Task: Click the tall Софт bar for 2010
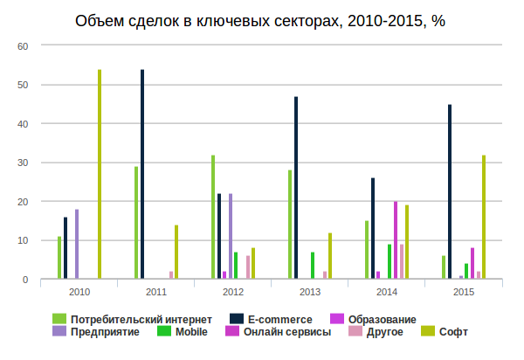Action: [x=100, y=175]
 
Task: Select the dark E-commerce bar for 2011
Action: [x=142, y=175]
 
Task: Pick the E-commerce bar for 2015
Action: [x=450, y=192]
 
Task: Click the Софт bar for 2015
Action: [x=484, y=218]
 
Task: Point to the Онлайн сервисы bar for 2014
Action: [x=396, y=240]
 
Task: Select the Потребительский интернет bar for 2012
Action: [x=213, y=218]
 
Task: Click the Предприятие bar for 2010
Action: [x=77, y=245]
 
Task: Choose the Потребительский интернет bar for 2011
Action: [x=136, y=223]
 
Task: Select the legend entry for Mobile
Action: [x=191, y=332]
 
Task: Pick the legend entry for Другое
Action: [x=384, y=332]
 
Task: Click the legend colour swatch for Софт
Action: [x=428, y=332]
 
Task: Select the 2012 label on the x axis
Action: [x=233, y=291]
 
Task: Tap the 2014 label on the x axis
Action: [x=387, y=291]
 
